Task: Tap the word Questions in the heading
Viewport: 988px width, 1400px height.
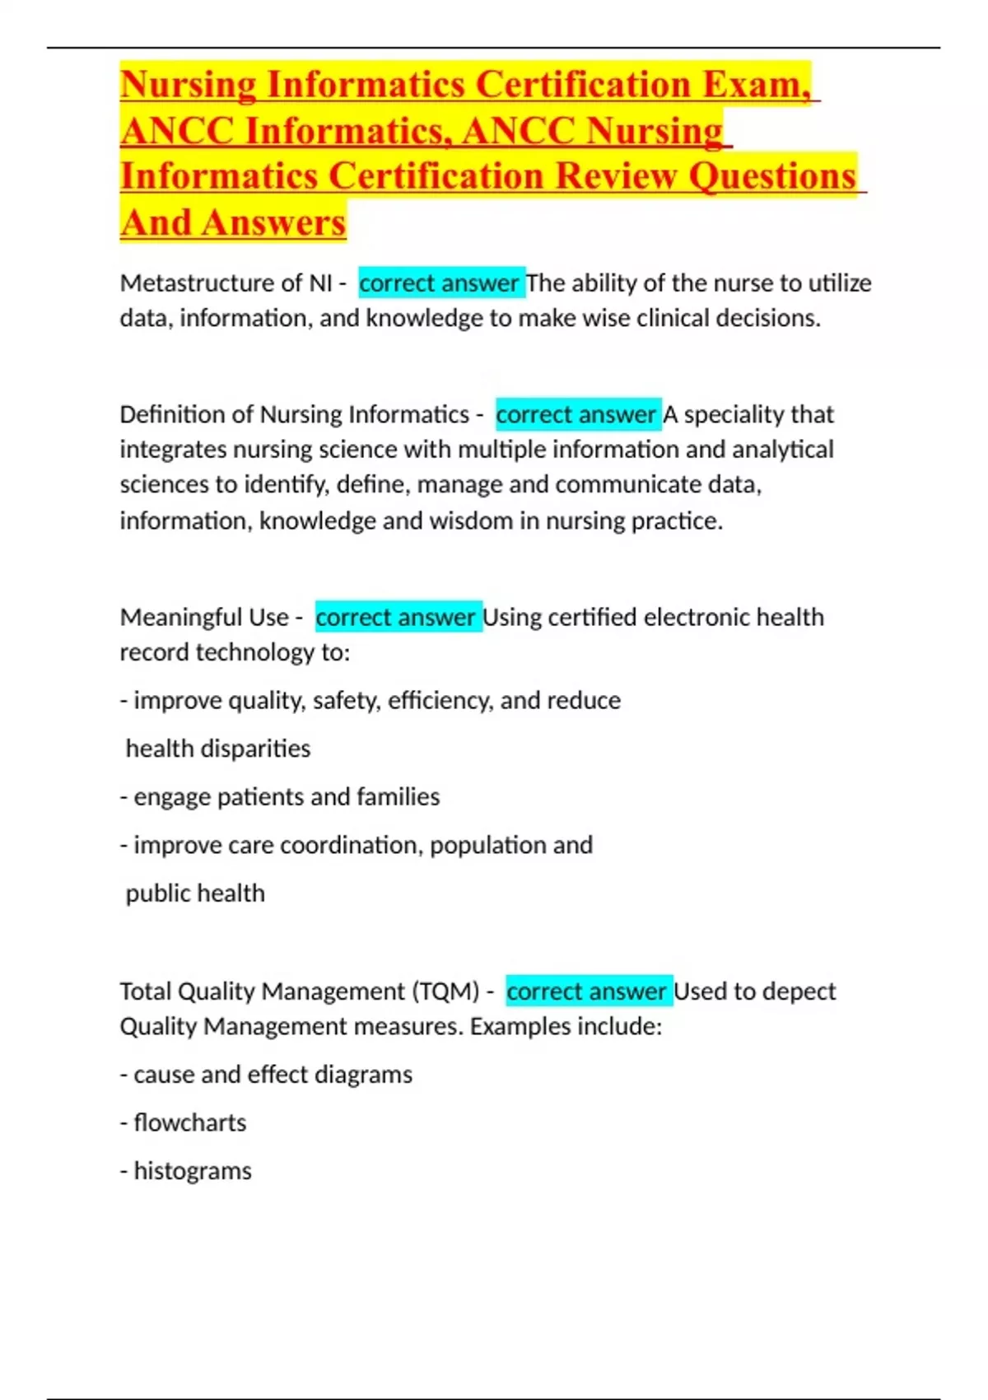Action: [772, 176]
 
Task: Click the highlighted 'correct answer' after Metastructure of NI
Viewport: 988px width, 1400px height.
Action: [440, 283]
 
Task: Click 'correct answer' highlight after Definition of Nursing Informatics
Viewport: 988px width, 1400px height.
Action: [576, 414]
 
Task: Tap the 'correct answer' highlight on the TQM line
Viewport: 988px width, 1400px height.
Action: [587, 991]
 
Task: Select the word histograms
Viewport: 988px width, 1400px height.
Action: [193, 1170]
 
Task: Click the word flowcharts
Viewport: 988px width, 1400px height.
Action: [189, 1122]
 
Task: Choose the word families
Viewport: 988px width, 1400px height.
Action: [397, 796]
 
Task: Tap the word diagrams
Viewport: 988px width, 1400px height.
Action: [364, 1074]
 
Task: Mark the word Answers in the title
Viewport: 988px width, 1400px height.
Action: [274, 222]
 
